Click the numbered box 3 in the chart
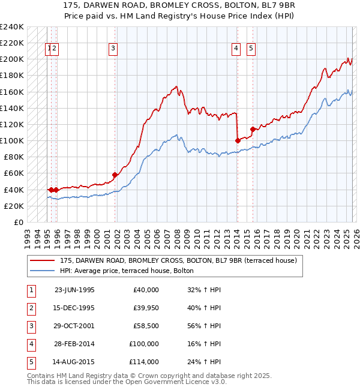click(x=113, y=49)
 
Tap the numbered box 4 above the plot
click(x=236, y=49)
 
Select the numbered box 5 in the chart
click(x=250, y=49)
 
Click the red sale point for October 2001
click(x=115, y=175)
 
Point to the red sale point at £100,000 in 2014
click(x=238, y=140)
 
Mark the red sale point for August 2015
click(x=253, y=129)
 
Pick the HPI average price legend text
click(x=127, y=271)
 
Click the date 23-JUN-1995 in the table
click(x=74, y=290)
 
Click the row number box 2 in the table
click(x=31, y=308)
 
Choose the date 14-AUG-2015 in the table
click(x=74, y=362)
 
